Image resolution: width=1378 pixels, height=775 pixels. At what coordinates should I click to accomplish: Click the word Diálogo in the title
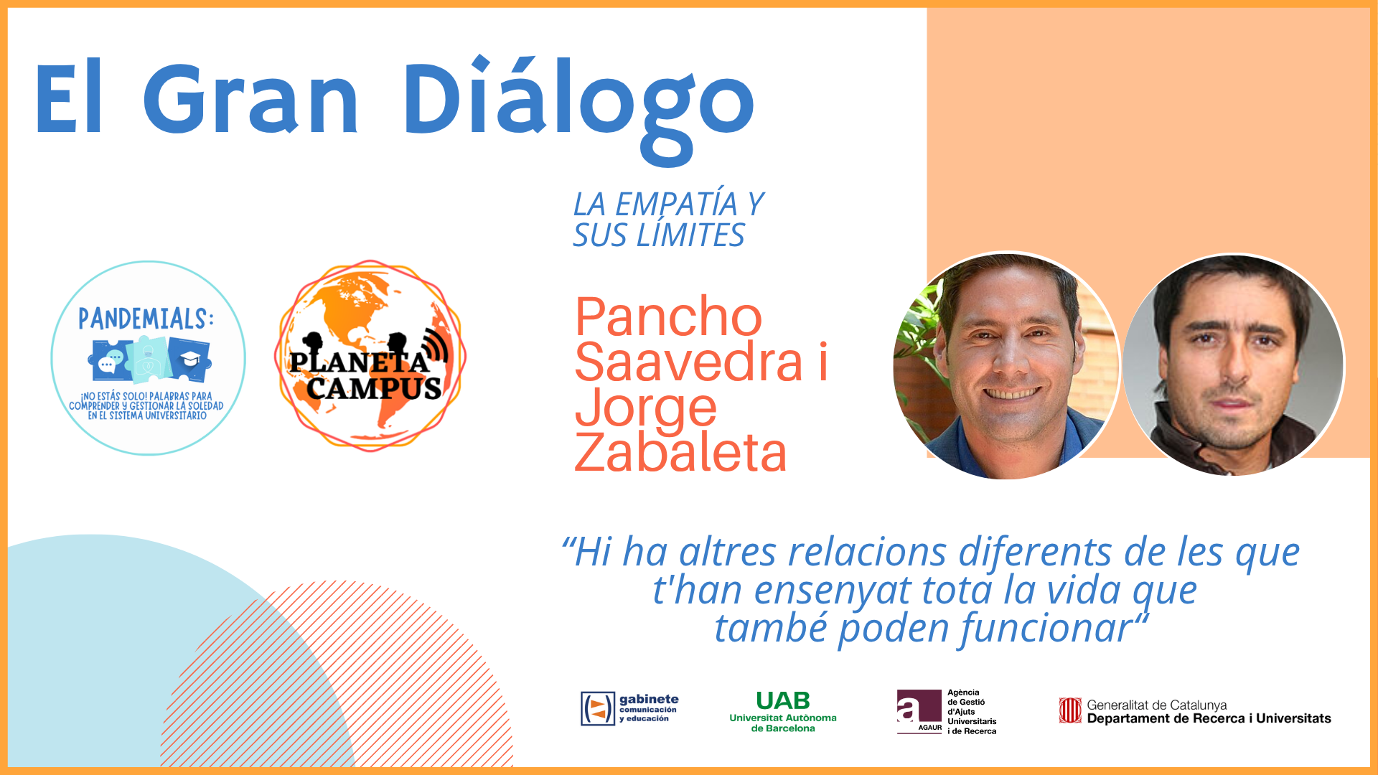coord(578,108)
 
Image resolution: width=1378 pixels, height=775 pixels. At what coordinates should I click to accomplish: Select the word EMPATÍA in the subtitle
coord(676,204)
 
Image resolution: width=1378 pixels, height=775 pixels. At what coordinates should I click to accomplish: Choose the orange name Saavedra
coord(688,362)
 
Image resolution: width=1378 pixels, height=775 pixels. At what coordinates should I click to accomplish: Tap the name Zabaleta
coord(680,452)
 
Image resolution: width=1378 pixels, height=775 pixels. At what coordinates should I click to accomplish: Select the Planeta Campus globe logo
coord(370,356)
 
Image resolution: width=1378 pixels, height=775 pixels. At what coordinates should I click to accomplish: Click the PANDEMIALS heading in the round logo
coord(146,319)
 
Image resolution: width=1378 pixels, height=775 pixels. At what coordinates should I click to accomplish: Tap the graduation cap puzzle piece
coord(189,359)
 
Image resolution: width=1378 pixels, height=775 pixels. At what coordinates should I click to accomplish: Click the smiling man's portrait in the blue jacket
coord(1006,365)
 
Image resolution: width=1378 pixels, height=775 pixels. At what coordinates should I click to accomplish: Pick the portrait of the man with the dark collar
coord(1234,365)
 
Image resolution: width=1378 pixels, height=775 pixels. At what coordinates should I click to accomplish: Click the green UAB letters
coord(783,700)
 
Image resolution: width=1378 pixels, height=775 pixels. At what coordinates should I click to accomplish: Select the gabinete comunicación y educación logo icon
coord(598,708)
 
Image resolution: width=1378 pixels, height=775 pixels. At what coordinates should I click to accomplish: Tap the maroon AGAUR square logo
coord(919,712)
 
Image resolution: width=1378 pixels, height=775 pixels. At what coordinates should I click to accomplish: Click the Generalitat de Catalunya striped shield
coord(1070,710)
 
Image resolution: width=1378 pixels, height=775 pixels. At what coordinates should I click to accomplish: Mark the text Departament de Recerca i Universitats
coord(1209,718)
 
